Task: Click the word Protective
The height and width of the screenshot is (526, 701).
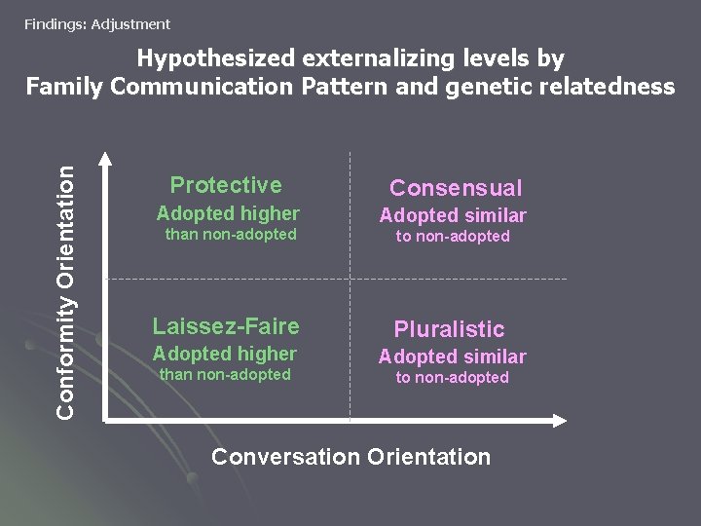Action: (226, 185)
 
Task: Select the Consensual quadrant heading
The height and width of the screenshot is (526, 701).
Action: (456, 188)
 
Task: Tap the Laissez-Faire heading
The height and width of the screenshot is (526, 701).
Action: (226, 326)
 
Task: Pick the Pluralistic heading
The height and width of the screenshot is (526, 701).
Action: (449, 329)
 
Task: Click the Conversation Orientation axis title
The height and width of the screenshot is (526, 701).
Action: (350, 456)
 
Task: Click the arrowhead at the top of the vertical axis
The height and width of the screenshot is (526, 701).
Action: (105, 160)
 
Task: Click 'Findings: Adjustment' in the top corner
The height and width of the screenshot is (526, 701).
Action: (97, 24)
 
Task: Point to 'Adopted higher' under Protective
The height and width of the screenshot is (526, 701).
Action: (228, 213)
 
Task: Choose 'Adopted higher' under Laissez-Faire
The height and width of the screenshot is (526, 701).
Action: (225, 354)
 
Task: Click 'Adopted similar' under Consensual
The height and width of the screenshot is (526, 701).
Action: (453, 215)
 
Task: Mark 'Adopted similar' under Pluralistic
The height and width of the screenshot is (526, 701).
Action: (452, 357)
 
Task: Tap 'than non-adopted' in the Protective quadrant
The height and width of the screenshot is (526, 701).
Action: (231, 235)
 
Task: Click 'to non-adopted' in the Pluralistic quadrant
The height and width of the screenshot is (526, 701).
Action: (452, 378)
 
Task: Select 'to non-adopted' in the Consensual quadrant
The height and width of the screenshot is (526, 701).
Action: (453, 237)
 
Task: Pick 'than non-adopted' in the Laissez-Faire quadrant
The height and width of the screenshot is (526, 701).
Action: (225, 375)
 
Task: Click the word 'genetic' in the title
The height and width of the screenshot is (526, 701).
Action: (485, 87)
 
